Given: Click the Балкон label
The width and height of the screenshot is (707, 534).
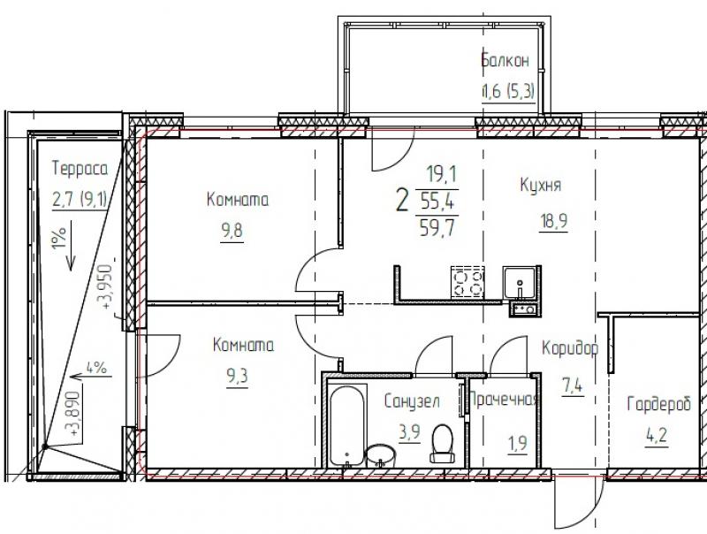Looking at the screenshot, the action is pyautogui.click(x=506, y=60).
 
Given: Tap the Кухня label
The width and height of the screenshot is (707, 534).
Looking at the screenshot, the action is pyautogui.click(x=541, y=185).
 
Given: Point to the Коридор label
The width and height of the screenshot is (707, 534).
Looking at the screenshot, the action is pyautogui.click(x=570, y=348).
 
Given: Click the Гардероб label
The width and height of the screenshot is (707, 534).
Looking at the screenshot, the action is pyautogui.click(x=659, y=404).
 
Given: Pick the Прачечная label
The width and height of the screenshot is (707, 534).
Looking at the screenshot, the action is pyautogui.click(x=504, y=399).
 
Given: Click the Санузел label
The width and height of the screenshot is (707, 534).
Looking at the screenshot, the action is pyautogui.click(x=412, y=400).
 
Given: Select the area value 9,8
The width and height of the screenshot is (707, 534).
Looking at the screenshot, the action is pyautogui.click(x=232, y=231).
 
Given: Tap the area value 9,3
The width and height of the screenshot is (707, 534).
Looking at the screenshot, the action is pyautogui.click(x=237, y=376).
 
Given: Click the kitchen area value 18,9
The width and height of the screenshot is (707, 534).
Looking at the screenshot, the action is pyautogui.click(x=554, y=221).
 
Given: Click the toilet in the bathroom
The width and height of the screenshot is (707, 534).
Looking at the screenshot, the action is pyautogui.click(x=443, y=443).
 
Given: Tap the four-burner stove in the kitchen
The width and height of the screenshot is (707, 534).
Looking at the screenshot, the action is pyautogui.click(x=468, y=282).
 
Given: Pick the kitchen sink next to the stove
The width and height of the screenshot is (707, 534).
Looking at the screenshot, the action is pyautogui.click(x=520, y=282).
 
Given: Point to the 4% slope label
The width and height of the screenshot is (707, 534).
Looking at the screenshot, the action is pyautogui.click(x=96, y=368).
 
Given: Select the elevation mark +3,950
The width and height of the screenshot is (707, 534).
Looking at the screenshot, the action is pyautogui.click(x=105, y=286).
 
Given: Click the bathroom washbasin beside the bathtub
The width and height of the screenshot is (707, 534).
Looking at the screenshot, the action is pyautogui.click(x=381, y=456).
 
